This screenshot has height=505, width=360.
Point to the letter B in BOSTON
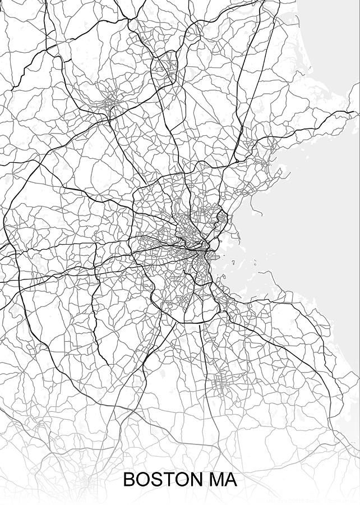pos(128,480)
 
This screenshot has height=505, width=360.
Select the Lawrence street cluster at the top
pos(167,59)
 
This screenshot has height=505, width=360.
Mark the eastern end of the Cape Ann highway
pos(352,112)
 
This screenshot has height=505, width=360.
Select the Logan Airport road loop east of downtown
pos(223,215)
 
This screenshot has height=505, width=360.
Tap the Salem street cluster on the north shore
pos(265,163)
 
